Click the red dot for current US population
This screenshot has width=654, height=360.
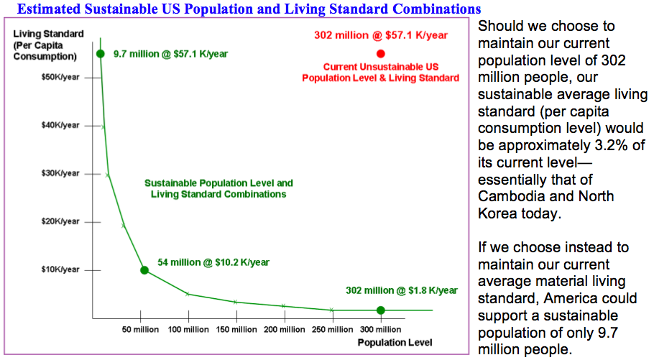(381, 53)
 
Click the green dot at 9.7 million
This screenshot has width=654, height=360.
(101, 54)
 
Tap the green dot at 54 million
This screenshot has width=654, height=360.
(144, 270)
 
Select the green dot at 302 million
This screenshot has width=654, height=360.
(381, 310)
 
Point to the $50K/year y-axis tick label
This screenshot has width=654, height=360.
(60, 77)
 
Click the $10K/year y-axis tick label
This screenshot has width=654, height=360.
(60, 269)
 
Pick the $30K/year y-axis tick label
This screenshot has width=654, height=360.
(60, 173)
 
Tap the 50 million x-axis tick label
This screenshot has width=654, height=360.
(140, 330)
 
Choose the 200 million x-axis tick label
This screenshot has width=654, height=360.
(284, 330)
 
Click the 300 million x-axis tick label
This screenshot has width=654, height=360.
(379, 330)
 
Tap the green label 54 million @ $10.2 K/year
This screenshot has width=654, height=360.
(213, 262)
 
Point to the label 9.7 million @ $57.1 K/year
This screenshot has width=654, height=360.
(170, 54)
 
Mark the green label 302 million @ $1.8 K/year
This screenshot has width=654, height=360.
(402, 290)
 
